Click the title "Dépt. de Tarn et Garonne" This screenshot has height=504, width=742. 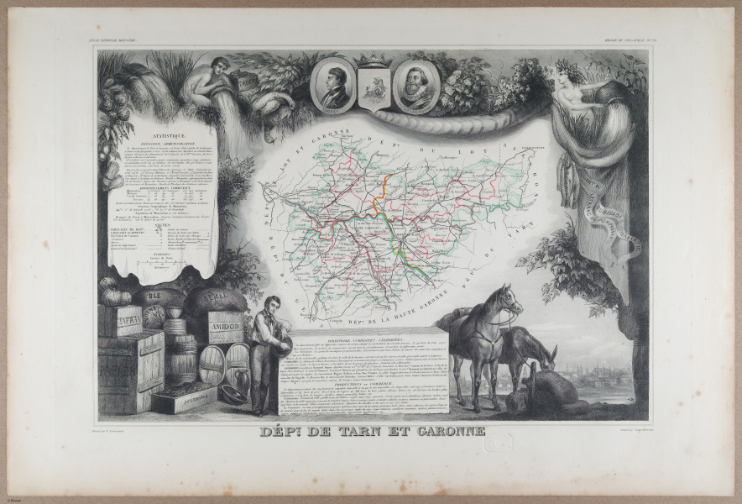coord(370,431)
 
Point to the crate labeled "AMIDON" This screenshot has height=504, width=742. coord(225,327)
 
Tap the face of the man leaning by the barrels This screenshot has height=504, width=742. coord(269,304)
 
